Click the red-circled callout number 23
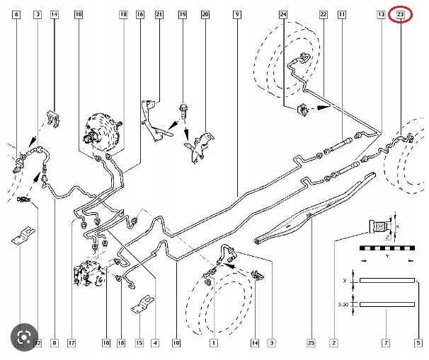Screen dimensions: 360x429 (401, 14)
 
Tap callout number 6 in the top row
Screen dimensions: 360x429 (17, 14)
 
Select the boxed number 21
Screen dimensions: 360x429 (159, 14)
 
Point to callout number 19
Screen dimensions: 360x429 (183, 14)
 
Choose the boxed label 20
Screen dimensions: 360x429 (205, 14)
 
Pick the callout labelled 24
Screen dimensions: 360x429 (283, 14)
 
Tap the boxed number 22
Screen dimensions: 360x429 (323, 14)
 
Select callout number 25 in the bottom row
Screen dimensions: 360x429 (310, 343)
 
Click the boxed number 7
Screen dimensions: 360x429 (386, 343)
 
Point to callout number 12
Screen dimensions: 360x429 (38, 343)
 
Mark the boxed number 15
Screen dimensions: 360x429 (139, 343)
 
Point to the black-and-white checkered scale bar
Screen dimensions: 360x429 (386, 249)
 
